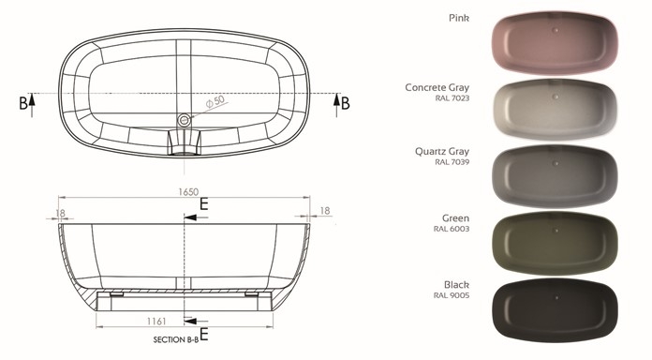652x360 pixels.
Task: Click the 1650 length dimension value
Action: click(x=188, y=192)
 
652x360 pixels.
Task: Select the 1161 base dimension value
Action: click(x=156, y=322)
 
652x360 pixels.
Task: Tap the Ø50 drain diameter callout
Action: click(x=215, y=101)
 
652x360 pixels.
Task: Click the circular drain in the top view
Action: click(x=184, y=120)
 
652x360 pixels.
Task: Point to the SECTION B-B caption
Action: click(x=176, y=339)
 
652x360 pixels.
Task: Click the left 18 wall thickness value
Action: click(x=60, y=213)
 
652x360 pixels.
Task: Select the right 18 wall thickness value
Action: click(x=325, y=211)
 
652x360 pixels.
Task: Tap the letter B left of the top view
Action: click(x=23, y=103)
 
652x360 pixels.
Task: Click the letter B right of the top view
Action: click(x=345, y=103)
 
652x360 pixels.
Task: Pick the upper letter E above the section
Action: click(x=204, y=204)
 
